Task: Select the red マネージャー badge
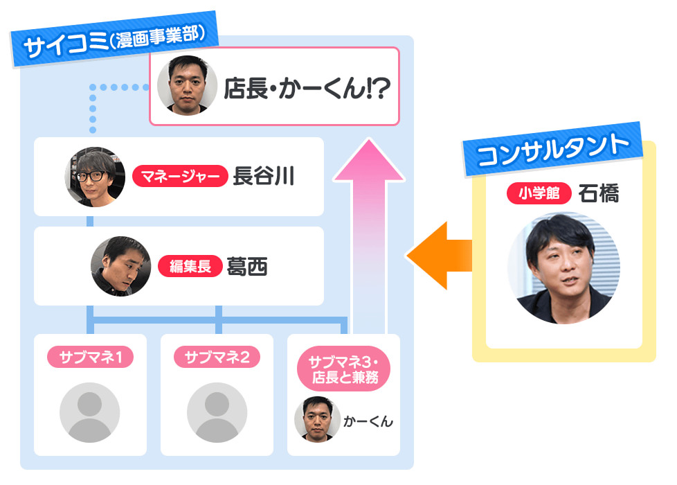click(180, 177)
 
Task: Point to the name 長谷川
click(264, 177)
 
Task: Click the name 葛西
click(247, 266)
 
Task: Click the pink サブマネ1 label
click(90, 358)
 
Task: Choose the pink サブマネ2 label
click(217, 358)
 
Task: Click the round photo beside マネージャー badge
click(95, 177)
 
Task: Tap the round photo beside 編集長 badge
click(120, 266)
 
